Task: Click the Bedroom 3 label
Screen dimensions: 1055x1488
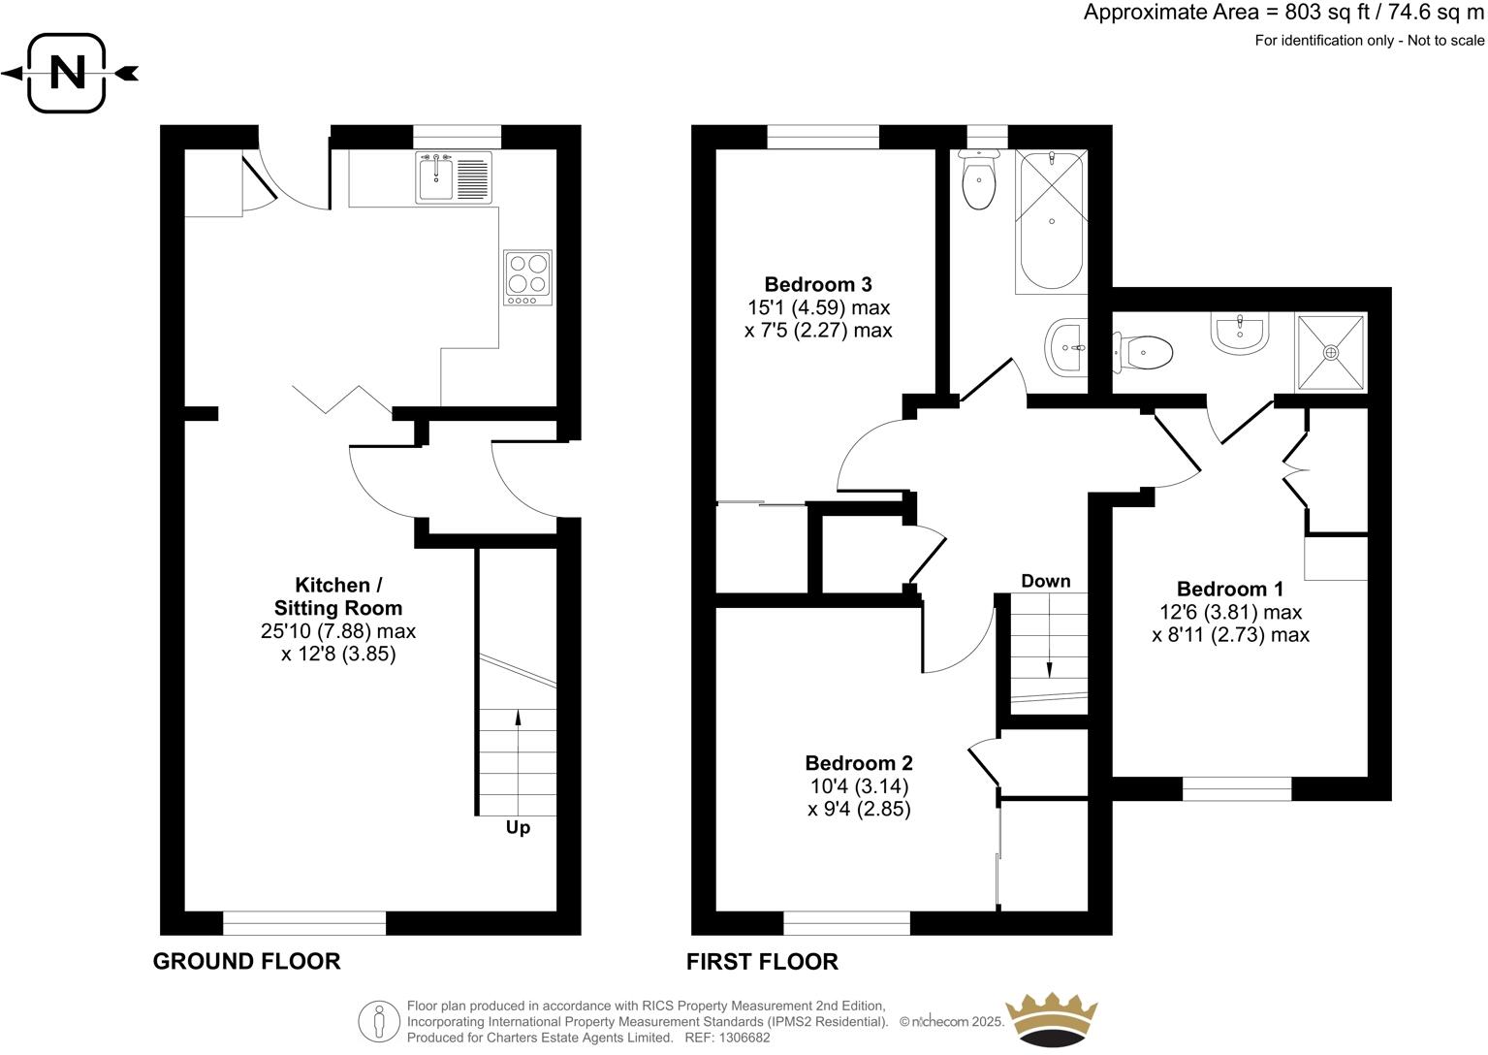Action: tap(817, 284)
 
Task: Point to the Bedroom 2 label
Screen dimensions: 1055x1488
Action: tap(858, 763)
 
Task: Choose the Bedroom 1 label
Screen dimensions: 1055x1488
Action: tap(1229, 589)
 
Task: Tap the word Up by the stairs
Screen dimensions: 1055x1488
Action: tap(518, 828)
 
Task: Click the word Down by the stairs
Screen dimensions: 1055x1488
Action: tap(1045, 581)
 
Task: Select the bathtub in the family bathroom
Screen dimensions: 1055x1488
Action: tap(1051, 221)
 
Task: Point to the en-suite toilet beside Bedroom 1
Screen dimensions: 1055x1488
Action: tap(1145, 351)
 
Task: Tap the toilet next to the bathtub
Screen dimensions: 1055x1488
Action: tap(978, 181)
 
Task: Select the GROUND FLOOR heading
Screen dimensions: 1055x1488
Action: tap(246, 961)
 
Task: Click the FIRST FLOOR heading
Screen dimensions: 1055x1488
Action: tap(762, 961)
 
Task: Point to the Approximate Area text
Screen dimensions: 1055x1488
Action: tap(1283, 13)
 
